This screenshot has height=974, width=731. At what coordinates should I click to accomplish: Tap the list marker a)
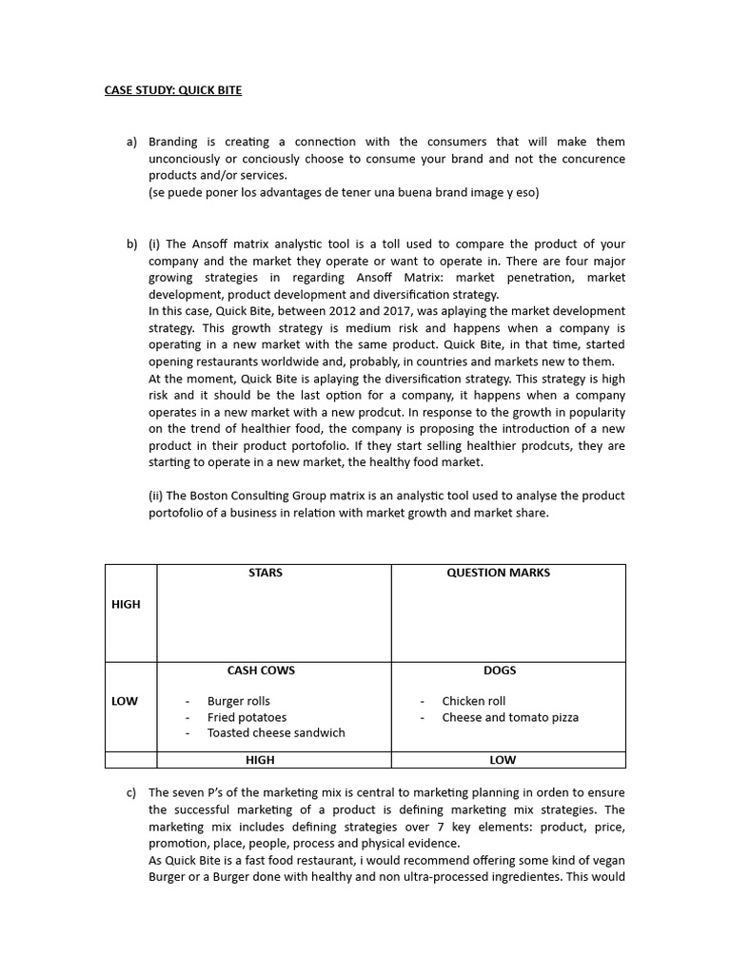tap(131, 142)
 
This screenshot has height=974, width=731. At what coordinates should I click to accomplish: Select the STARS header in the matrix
tap(265, 573)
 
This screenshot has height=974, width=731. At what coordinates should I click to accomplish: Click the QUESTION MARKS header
tap(498, 573)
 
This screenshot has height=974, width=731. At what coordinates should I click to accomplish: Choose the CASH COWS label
tap(261, 671)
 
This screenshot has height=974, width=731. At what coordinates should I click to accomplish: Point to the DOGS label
tap(499, 671)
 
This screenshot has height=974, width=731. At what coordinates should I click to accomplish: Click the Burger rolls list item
tap(238, 701)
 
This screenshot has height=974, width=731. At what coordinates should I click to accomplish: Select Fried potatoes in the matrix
tap(247, 717)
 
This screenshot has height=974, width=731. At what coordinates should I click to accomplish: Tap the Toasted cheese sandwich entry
tap(276, 732)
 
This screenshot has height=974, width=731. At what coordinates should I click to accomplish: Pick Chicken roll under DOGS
tap(473, 701)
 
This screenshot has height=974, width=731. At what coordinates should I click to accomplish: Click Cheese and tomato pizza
tap(509, 717)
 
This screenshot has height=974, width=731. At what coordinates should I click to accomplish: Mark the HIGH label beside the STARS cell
tap(126, 604)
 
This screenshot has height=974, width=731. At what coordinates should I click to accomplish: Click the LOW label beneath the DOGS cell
tap(503, 760)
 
